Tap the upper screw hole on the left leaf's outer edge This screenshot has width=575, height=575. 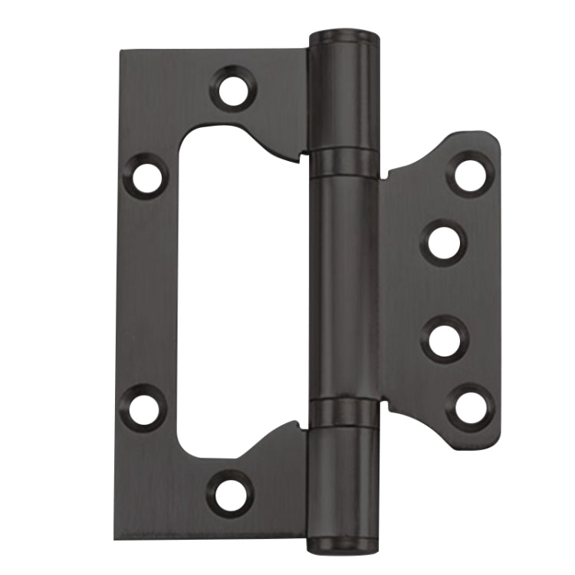coord(145,176)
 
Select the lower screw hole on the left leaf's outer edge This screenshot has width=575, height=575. coord(144,407)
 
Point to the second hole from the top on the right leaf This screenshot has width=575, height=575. coord(445,243)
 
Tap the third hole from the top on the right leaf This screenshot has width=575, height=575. coord(445,338)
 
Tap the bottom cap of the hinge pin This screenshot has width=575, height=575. coord(343,546)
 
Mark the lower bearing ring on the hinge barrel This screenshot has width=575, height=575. coord(343,412)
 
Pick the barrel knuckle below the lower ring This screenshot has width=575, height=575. coord(343,483)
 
